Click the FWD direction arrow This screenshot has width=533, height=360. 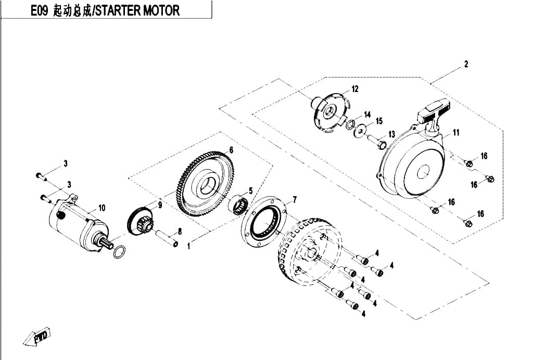(x=37, y=336)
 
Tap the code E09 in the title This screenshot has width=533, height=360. (x=40, y=11)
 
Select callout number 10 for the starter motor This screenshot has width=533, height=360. (x=101, y=208)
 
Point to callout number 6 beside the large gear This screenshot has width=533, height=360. (x=231, y=150)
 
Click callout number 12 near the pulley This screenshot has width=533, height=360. (x=355, y=89)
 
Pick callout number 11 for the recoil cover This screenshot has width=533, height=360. (x=456, y=133)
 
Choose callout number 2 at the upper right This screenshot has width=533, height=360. (x=466, y=64)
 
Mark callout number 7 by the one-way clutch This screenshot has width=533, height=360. (x=295, y=200)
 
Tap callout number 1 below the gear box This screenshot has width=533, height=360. (x=189, y=245)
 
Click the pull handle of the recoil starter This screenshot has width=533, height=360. (x=434, y=112)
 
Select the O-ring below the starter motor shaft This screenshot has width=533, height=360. (x=119, y=251)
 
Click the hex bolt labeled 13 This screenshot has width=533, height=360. (x=376, y=142)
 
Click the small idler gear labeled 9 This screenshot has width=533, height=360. (x=141, y=222)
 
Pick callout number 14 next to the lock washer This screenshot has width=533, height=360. (x=367, y=114)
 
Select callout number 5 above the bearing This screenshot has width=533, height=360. (x=251, y=191)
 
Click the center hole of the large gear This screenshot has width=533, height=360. (x=208, y=186)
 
